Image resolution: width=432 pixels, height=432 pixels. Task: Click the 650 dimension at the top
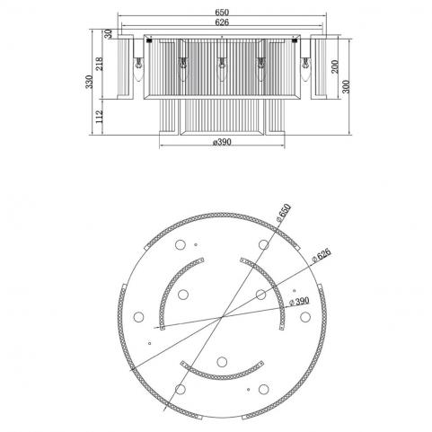pyautogui.click(x=222, y=13)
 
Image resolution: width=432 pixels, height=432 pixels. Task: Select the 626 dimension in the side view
pyautogui.click(x=222, y=22)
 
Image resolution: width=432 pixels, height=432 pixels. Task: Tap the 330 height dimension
pyautogui.click(x=89, y=82)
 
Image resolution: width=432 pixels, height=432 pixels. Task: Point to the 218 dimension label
pyautogui.click(x=99, y=64)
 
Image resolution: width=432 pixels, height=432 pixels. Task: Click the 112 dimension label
pyautogui.click(x=99, y=117)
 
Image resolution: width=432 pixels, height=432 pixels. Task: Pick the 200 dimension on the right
pyautogui.click(x=335, y=66)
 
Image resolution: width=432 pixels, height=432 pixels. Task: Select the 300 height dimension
pyautogui.click(x=346, y=86)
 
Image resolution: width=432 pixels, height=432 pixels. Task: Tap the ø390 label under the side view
pyautogui.click(x=222, y=142)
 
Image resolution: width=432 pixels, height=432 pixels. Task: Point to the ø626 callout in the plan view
pyautogui.click(x=322, y=255)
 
